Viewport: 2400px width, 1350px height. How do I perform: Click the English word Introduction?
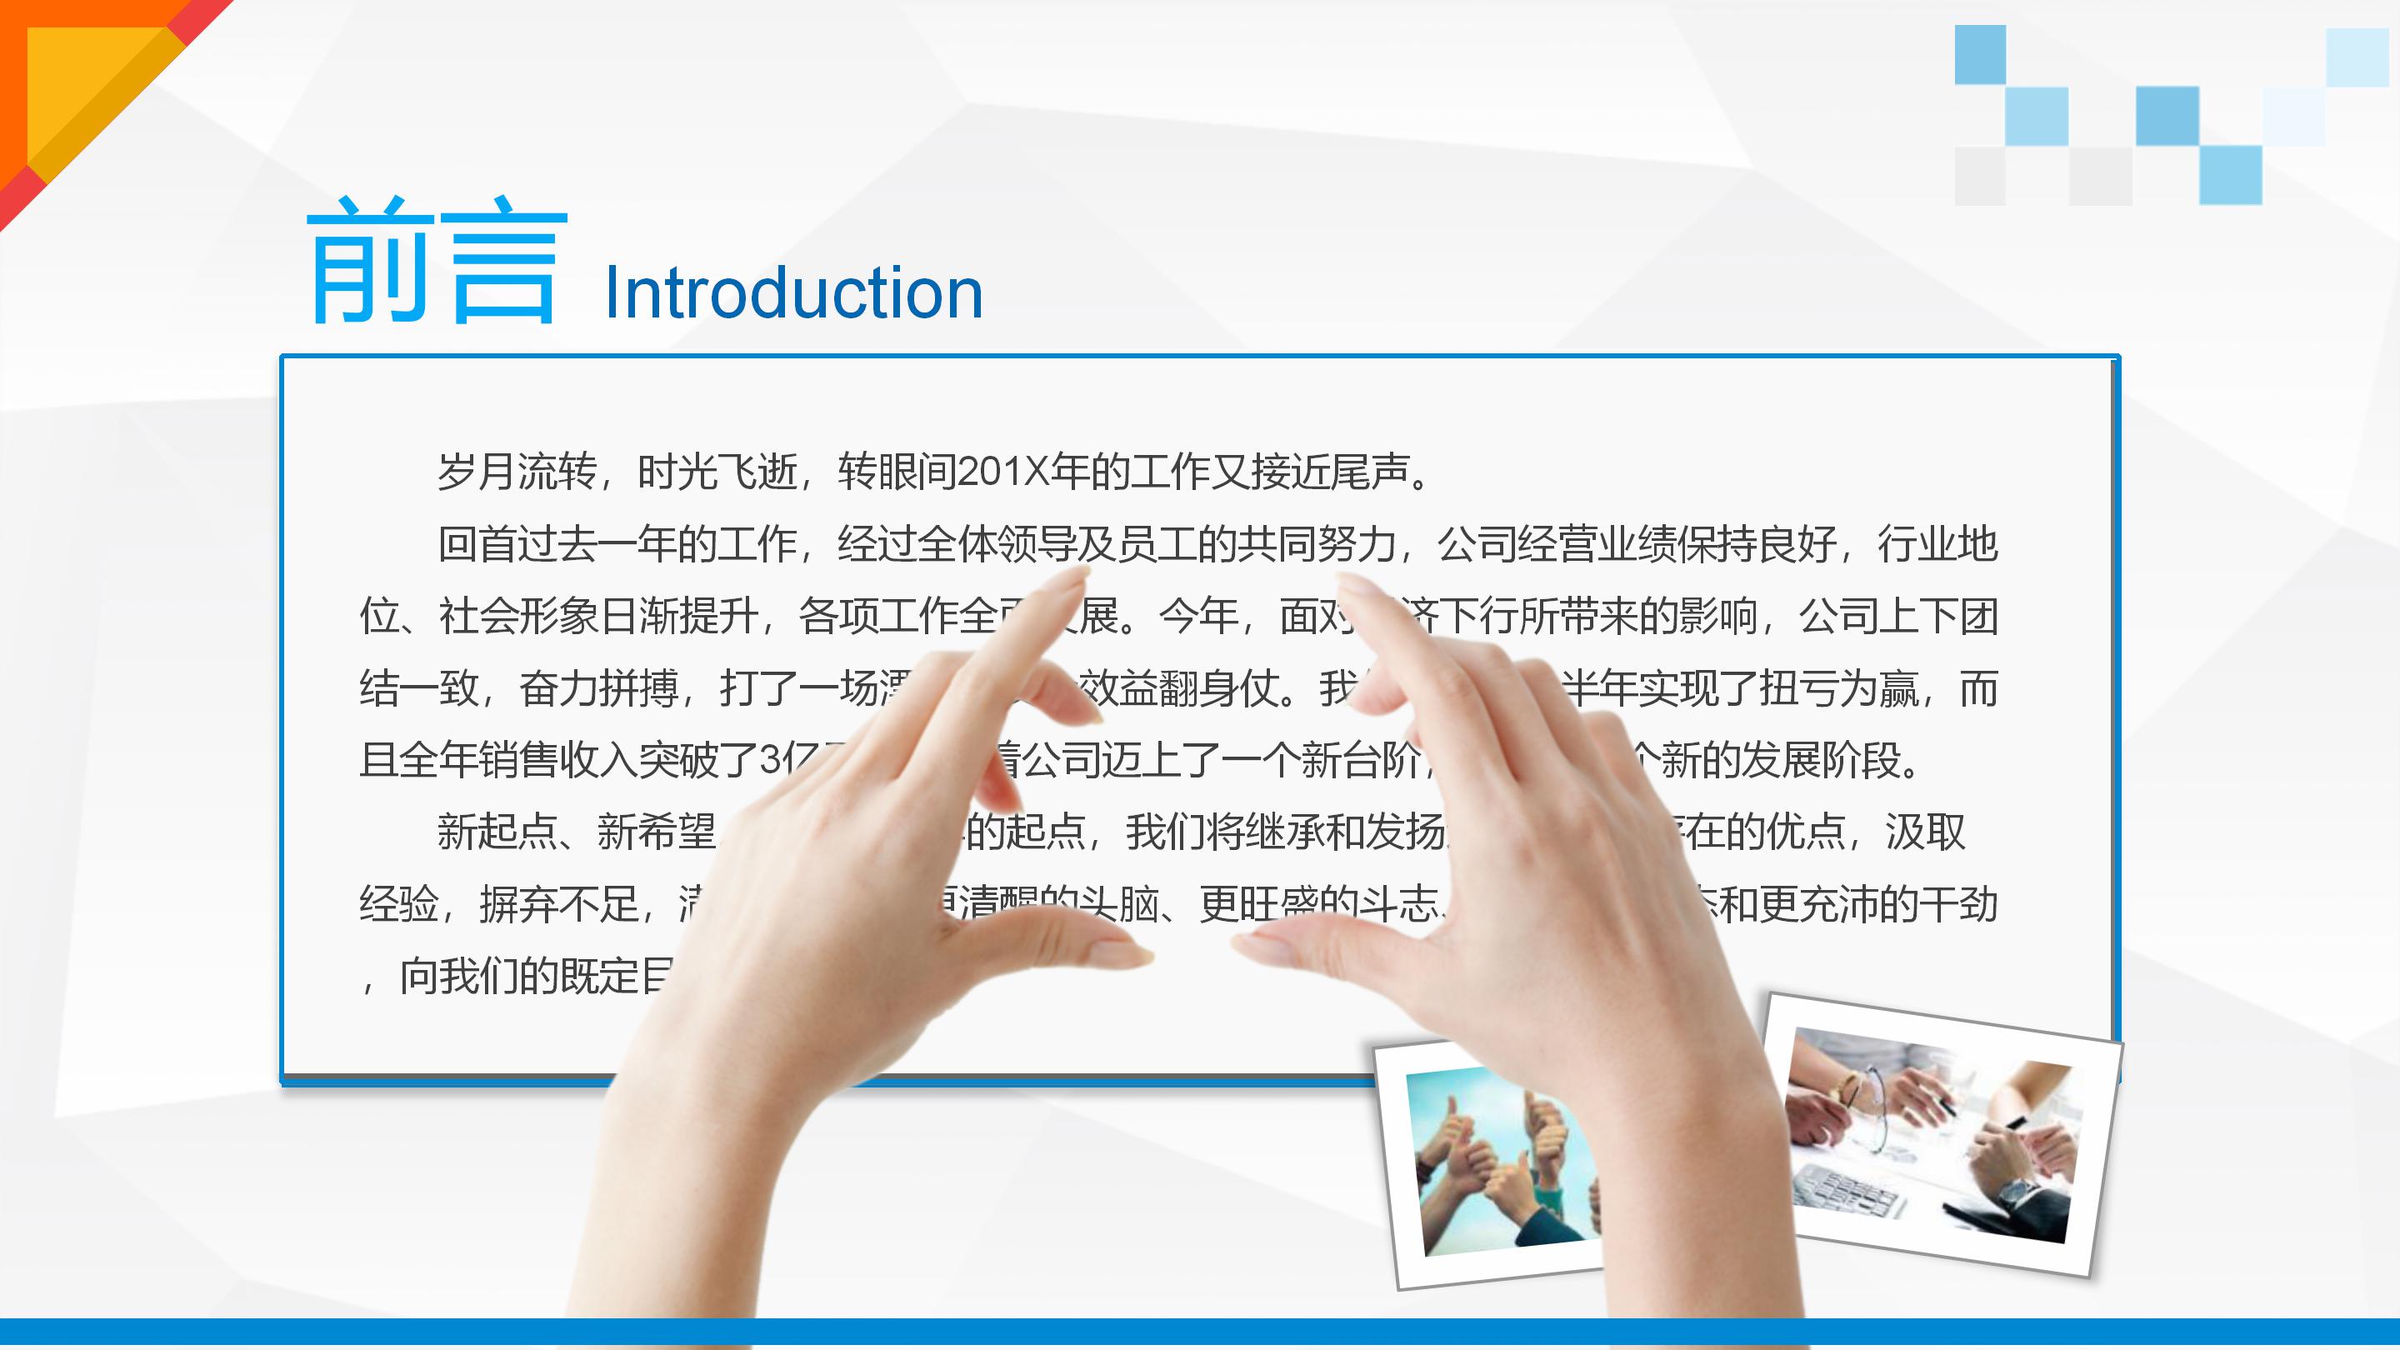(794, 293)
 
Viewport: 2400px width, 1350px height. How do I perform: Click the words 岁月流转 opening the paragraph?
(517, 472)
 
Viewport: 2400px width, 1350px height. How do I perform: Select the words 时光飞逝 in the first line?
(717, 472)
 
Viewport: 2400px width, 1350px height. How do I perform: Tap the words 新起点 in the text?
(497, 832)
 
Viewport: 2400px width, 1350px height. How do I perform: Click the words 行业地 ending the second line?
(1937, 544)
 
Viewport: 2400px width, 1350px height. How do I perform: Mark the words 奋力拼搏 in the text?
(599, 689)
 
